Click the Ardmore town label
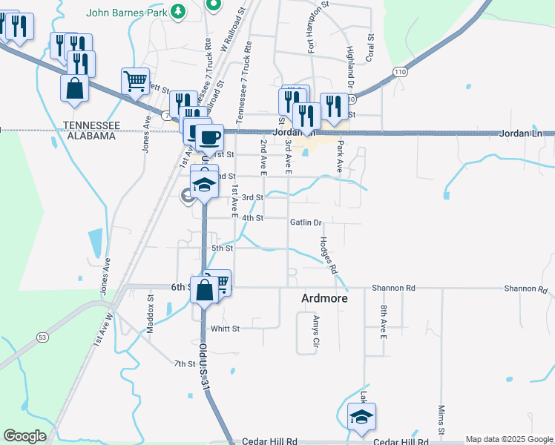324,298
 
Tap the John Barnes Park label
125,12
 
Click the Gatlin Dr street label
306,222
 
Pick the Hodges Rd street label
328,254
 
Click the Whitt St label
225,328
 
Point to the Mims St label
441,420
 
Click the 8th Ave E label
384,321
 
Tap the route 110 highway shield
401,71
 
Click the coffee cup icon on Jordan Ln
209,136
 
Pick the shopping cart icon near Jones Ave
136,81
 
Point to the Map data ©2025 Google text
509,439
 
